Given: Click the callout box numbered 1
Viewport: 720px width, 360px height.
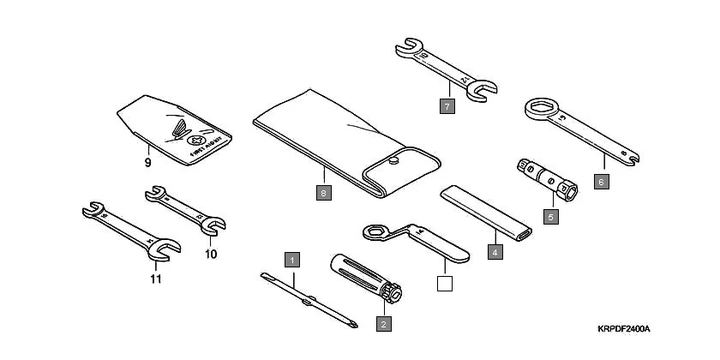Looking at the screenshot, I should tap(293, 258).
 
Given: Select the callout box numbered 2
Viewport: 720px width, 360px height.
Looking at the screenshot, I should tap(383, 323).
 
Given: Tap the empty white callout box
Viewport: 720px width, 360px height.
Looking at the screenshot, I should tap(443, 283).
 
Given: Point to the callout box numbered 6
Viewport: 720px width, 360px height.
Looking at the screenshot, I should tap(603, 181).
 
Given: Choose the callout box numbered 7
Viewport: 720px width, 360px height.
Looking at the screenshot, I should tap(447, 106).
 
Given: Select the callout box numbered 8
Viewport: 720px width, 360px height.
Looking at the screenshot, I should tap(322, 193).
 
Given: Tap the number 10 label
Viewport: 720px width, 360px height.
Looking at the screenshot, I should tap(211, 254).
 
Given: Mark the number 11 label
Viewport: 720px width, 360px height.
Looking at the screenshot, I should tap(154, 279).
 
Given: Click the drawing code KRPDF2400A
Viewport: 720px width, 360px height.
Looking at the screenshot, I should tap(624, 329).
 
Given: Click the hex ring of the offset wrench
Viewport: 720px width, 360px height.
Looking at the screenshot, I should tap(375, 231).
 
